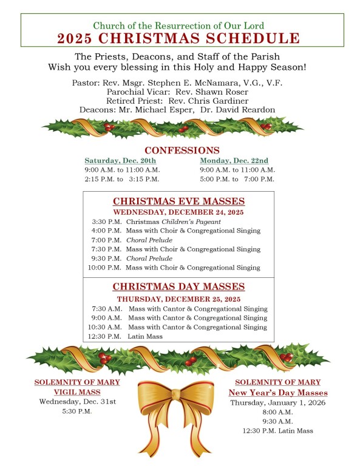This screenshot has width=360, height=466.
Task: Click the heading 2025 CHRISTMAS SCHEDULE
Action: [x=178, y=39]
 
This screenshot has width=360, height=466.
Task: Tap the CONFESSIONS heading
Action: [x=182, y=150]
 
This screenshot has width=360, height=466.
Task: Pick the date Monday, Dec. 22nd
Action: [x=234, y=161]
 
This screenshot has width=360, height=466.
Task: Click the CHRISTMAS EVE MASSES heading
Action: [x=178, y=201]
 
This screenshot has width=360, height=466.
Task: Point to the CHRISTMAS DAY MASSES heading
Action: [x=178, y=286]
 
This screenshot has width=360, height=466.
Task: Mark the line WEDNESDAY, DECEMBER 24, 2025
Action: [x=178, y=212]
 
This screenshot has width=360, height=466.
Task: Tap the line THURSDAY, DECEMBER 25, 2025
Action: [x=178, y=299]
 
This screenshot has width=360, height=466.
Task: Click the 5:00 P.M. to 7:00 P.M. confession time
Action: [x=237, y=179]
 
